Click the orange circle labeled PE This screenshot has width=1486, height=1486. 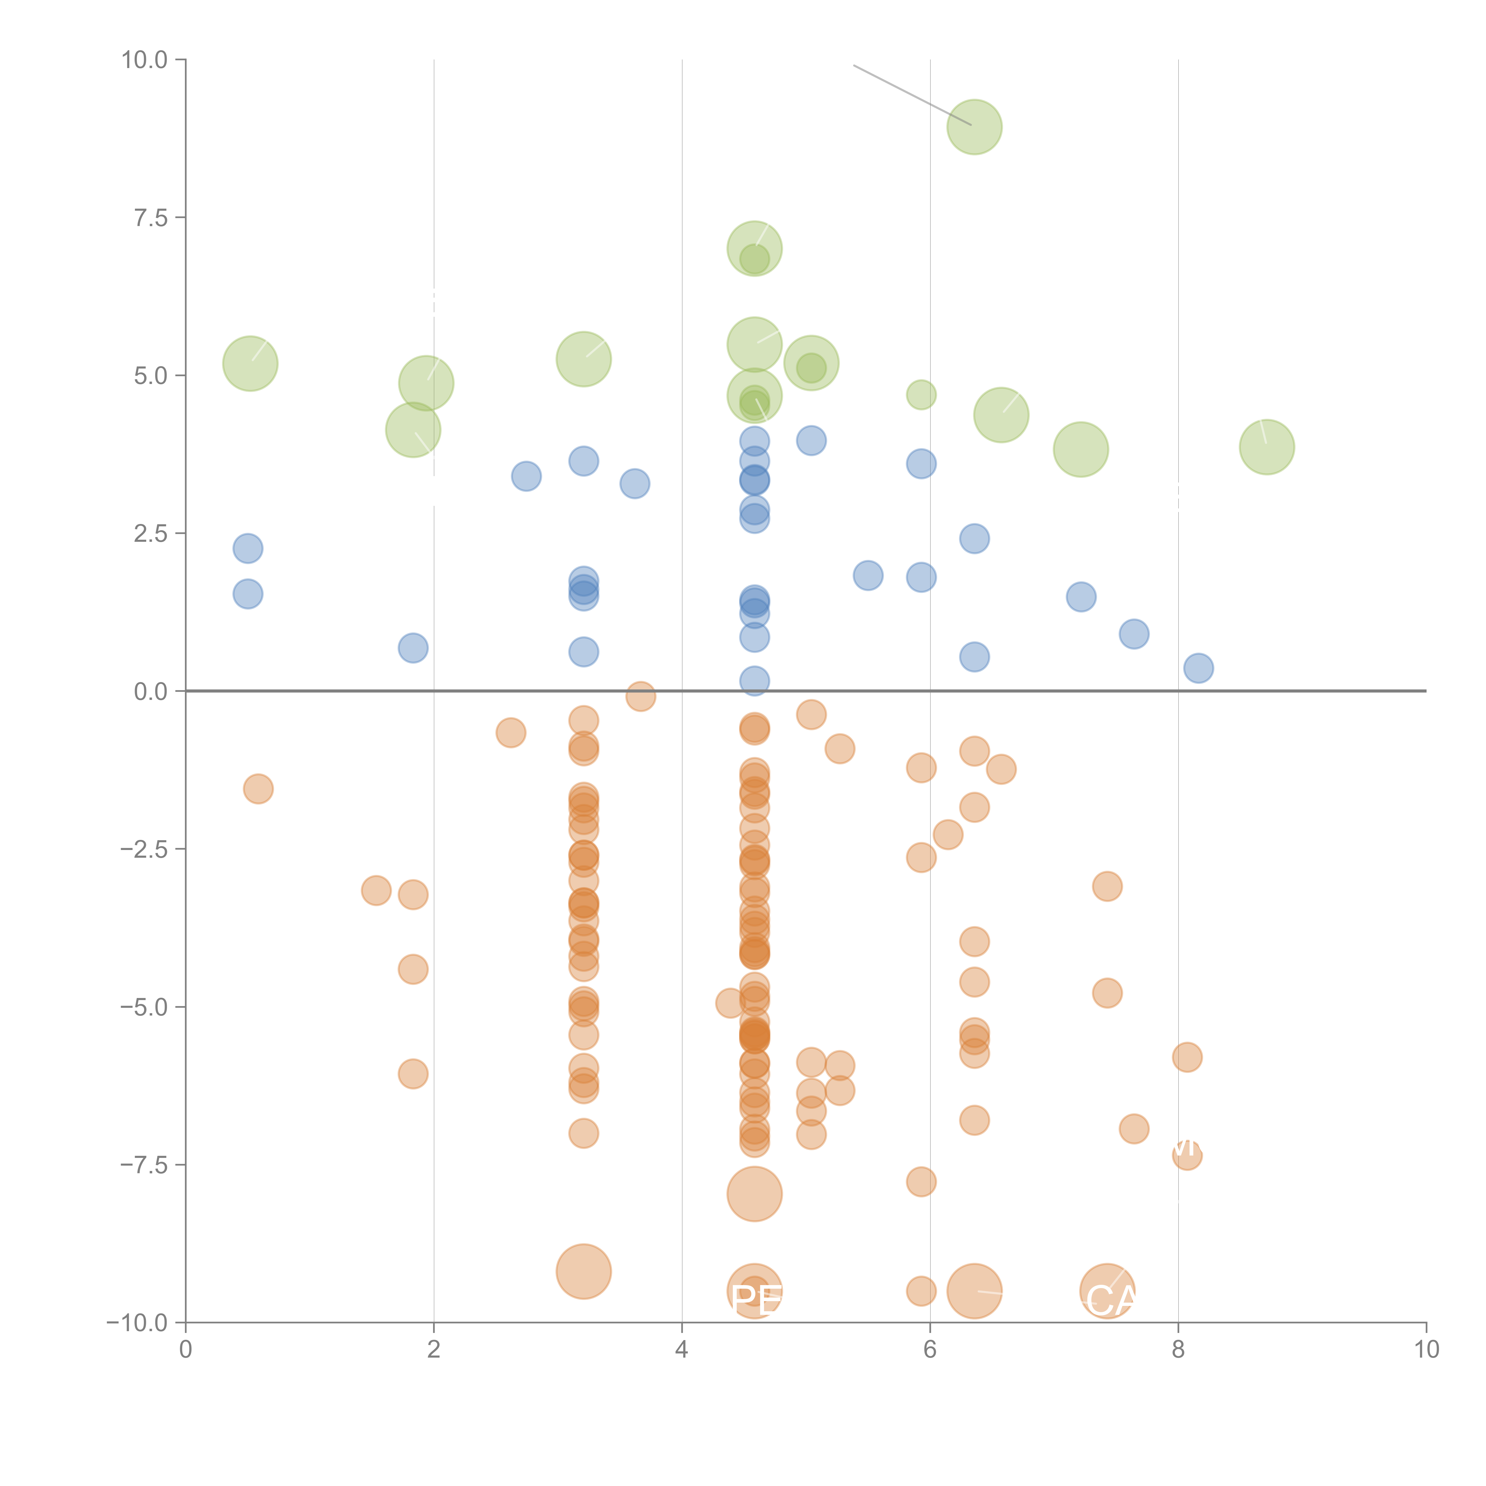point(755,1291)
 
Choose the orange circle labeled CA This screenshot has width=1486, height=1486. point(1107,1291)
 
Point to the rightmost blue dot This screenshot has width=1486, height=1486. point(1198,668)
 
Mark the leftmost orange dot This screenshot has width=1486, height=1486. point(259,788)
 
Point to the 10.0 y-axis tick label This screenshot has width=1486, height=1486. point(145,60)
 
